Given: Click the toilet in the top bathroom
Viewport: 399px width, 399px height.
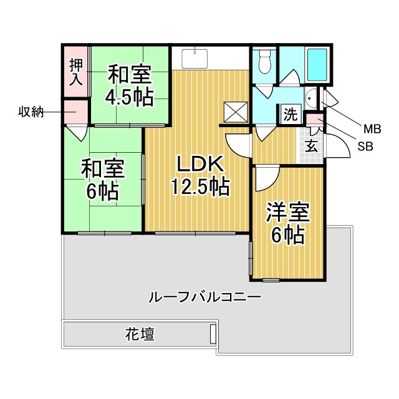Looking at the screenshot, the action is pos(264,62).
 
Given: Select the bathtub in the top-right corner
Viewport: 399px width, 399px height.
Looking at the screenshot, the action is pos(317,65).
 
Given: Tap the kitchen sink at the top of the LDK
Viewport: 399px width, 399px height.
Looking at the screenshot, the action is pos(195,59).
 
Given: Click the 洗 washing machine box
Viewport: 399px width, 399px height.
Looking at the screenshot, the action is pos(291,114).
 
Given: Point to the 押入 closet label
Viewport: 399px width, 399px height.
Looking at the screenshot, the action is pos(76,72).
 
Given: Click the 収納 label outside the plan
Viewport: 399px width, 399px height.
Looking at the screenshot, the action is pos(31,112).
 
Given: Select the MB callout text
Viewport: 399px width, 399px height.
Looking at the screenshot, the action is pos(372,129).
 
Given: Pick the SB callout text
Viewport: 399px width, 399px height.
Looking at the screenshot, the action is pos(365,147).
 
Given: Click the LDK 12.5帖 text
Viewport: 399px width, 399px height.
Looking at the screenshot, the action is pos(200,176).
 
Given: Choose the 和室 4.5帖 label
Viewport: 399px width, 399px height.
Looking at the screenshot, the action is pos(130,85).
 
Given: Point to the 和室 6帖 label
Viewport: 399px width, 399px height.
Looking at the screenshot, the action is pos(103,180).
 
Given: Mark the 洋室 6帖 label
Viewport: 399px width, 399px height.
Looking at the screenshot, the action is pos(287,223).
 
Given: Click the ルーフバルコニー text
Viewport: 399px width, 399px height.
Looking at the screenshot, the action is pos(204,297).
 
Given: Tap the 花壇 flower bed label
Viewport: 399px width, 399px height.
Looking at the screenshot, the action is pos(140,334).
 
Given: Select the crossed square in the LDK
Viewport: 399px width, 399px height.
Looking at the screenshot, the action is pos(236,112).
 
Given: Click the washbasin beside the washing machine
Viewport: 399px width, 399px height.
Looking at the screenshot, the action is pos(311,99).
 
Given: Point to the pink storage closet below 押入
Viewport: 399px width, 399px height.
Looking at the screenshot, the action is pos(75,112).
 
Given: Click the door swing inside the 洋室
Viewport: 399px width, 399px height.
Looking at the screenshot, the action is pos(267,178).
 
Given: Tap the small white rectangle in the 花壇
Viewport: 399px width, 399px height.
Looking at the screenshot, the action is pos(213,334).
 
